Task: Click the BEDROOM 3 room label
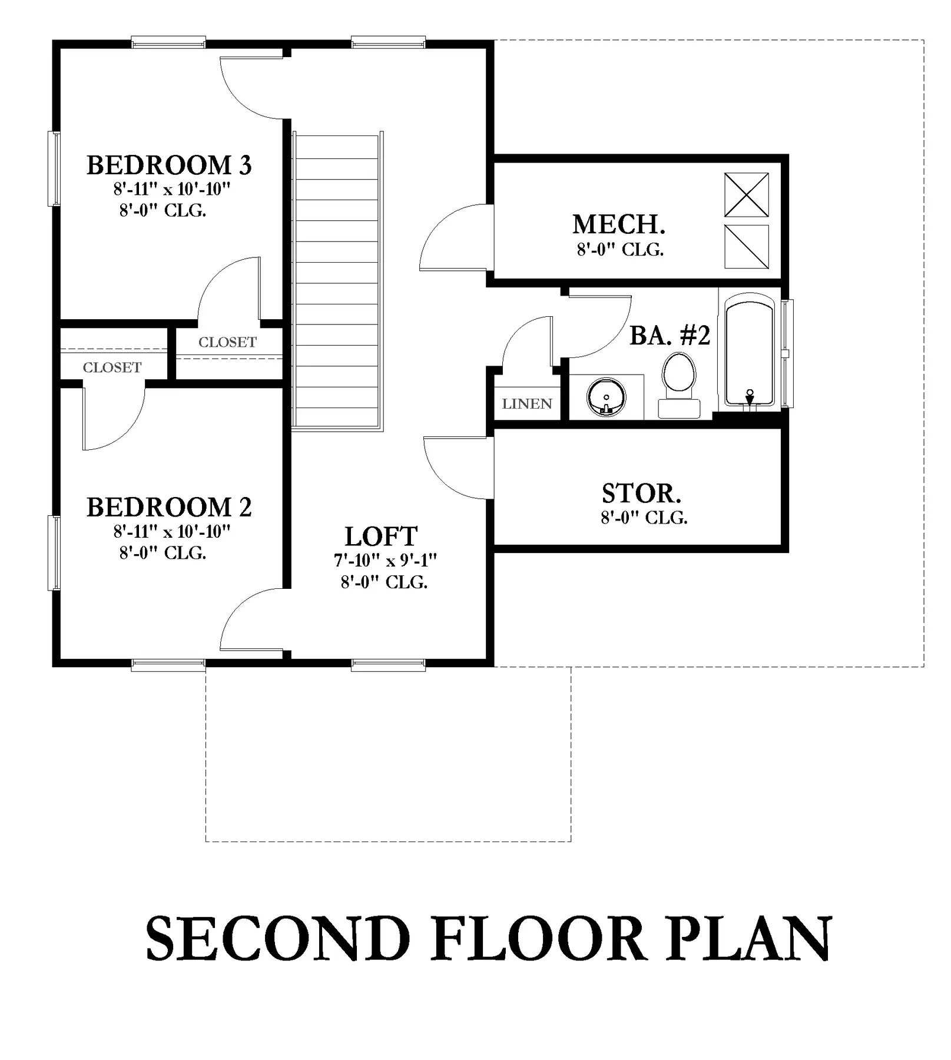tap(169, 165)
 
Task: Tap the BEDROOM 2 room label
tap(169, 508)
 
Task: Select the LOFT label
tap(381, 536)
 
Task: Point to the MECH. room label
tap(619, 224)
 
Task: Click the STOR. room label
tap(641, 493)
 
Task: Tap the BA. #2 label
tap(670, 335)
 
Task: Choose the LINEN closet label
tap(527, 404)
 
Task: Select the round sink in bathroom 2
tap(607, 397)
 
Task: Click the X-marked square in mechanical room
tap(747, 194)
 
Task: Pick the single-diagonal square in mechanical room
tap(747, 246)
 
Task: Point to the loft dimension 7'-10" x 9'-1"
tap(385, 560)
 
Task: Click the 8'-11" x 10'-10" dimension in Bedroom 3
tap(171, 189)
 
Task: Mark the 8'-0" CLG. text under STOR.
tap(644, 518)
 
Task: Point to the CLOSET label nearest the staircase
tap(227, 342)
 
